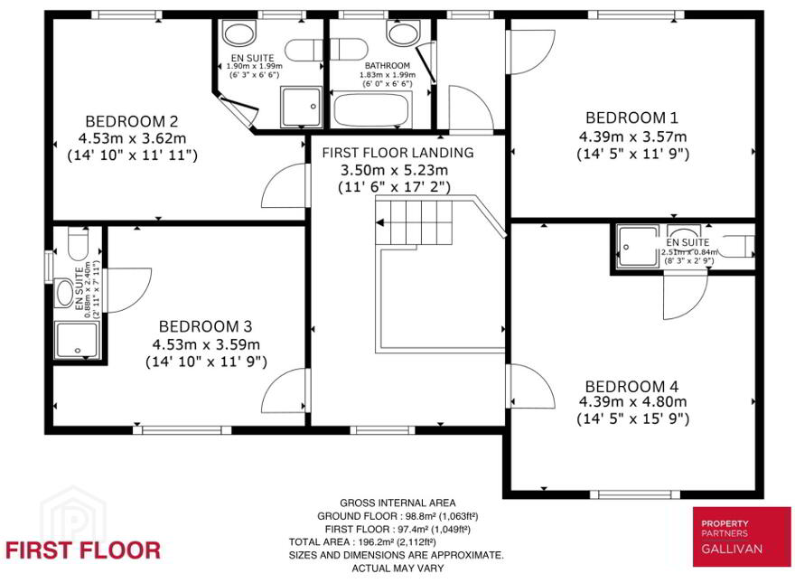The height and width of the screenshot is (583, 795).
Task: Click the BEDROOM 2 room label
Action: point(132,122)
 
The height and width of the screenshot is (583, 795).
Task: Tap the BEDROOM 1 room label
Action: point(631,118)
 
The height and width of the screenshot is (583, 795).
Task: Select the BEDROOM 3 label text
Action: point(205,326)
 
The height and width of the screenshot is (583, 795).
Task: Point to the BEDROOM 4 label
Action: point(631,387)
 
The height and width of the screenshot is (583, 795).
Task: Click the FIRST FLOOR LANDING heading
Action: point(398,153)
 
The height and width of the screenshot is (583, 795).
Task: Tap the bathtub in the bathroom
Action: point(372,109)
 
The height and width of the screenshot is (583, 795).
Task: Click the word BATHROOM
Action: point(388,65)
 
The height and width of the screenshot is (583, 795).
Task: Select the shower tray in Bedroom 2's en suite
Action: point(302,107)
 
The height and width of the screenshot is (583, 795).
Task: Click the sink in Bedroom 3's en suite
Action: point(64,292)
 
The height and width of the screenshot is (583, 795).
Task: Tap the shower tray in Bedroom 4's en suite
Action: point(637,246)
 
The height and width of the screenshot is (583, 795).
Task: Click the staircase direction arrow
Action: point(379,222)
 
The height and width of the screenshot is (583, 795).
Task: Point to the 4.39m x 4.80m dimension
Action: point(632,402)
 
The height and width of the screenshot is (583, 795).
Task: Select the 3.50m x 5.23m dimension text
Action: point(394,170)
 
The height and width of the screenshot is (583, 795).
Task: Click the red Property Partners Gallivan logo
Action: point(742,537)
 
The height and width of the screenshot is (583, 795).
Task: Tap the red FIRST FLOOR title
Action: point(83,550)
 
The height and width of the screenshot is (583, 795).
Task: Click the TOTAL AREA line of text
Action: point(362,542)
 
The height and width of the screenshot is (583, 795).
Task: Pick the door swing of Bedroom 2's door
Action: point(284,185)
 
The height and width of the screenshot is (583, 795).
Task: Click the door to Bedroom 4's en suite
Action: point(685,296)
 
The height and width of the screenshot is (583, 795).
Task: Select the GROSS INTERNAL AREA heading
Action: point(397,503)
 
